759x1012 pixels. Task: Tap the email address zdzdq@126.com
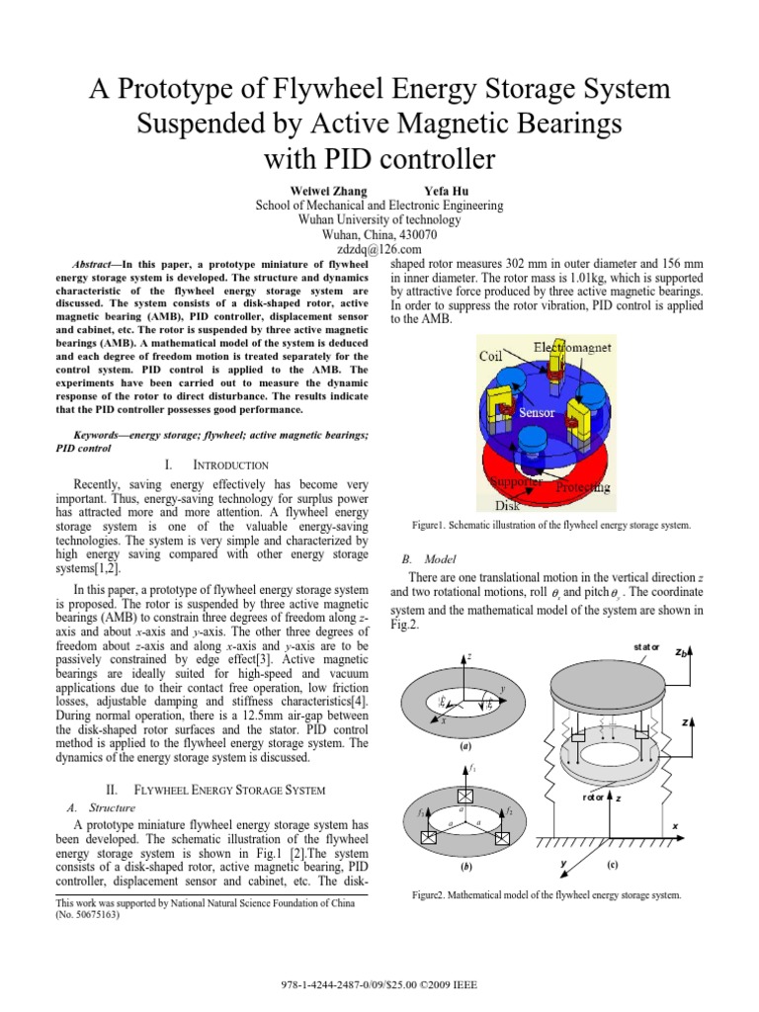[x=379, y=252]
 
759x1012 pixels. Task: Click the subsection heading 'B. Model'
[x=420, y=558]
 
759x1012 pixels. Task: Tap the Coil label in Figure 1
[x=492, y=356]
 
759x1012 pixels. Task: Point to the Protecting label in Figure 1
[x=582, y=487]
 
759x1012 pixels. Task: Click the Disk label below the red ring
[x=506, y=504]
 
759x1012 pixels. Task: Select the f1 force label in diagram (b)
[x=474, y=768]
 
